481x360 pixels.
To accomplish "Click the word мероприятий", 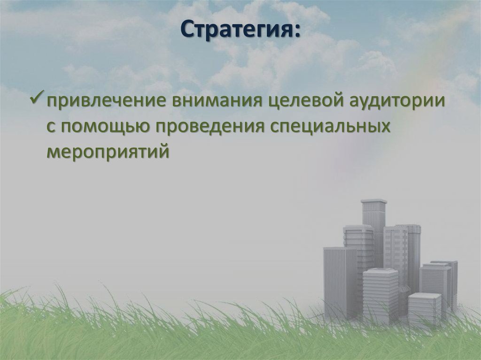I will click(x=107, y=152).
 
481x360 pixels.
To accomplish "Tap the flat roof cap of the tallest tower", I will click(x=374, y=201).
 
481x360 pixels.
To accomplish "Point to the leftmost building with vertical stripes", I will click(x=340, y=282).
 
